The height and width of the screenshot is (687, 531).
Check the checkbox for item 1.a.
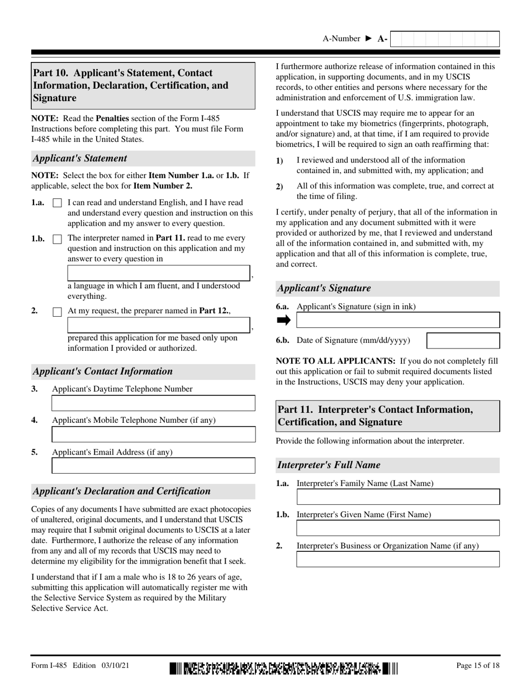pyautogui.click(x=57, y=204)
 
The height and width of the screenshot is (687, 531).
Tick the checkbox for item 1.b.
pyautogui.click(x=57, y=239)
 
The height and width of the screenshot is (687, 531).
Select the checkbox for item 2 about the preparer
pyautogui.click(x=57, y=312)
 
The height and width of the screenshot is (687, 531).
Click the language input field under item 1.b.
pyautogui.click(x=159, y=273)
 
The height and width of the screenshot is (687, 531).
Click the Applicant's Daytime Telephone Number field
pyautogui.click(x=153, y=403)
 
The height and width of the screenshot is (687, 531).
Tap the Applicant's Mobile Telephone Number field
pyautogui.click(x=153, y=435)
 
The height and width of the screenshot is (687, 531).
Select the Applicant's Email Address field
pyautogui.click(x=153, y=466)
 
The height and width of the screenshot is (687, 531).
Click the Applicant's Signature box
pyautogui.click(x=397, y=320)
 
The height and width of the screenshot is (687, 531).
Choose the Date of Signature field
pyautogui.click(x=463, y=341)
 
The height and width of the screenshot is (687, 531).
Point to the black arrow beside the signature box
pyautogui.click(x=284, y=320)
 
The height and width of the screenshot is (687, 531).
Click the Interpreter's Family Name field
pyautogui.click(x=397, y=497)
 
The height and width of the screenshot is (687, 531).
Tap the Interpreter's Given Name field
pyautogui.click(x=397, y=528)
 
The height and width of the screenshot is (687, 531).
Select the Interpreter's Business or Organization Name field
pyautogui.click(x=397, y=560)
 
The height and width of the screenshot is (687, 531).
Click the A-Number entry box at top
pyautogui.click(x=444, y=39)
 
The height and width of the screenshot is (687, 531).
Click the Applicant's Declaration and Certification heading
pyautogui.click(x=122, y=492)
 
